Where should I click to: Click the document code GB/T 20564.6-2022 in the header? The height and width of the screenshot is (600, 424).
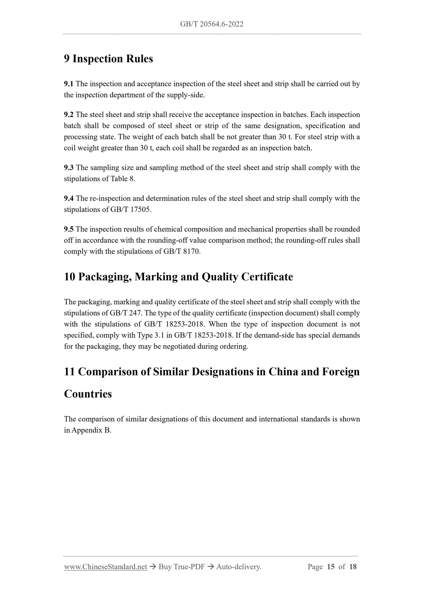212,24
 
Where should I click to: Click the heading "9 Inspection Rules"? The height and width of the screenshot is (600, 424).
109,59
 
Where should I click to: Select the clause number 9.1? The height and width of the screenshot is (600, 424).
68,84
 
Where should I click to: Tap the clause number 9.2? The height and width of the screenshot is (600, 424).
69,114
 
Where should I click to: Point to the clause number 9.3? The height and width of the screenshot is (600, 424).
69,168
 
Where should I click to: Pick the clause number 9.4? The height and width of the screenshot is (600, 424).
69,198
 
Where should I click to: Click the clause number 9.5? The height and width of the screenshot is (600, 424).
69,229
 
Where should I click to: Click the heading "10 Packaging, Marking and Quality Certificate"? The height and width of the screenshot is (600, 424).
178,277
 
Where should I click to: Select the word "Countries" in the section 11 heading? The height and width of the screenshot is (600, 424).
88,394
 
